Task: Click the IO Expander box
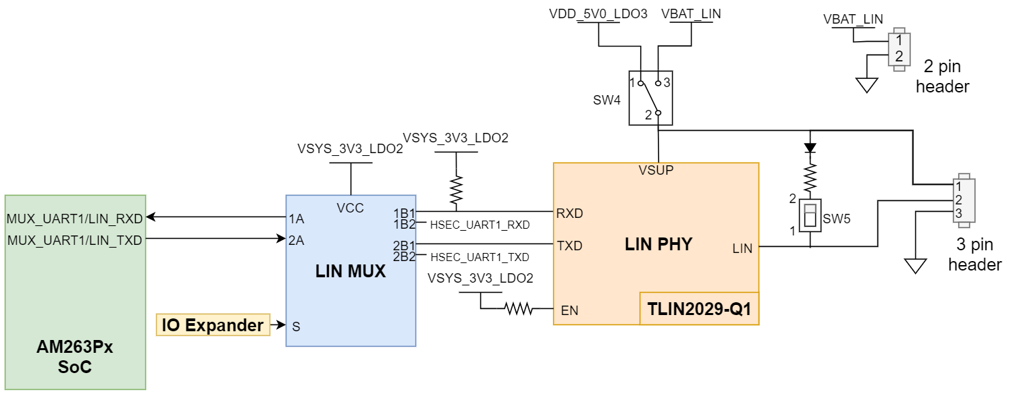[212, 325]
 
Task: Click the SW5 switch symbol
[810, 216]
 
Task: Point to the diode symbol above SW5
[810, 147]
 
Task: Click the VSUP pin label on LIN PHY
[656, 171]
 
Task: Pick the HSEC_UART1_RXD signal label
[480, 225]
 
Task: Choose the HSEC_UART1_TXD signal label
[480, 257]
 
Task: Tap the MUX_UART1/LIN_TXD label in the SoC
[74, 239]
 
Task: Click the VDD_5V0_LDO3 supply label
[598, 14]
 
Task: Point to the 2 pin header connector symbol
[898, 48]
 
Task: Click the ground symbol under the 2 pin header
[866, 85]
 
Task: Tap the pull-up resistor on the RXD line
[456, 191]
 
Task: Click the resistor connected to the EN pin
[518, 310]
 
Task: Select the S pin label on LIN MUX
[296, 327]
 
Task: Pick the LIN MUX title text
[351, 272]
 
